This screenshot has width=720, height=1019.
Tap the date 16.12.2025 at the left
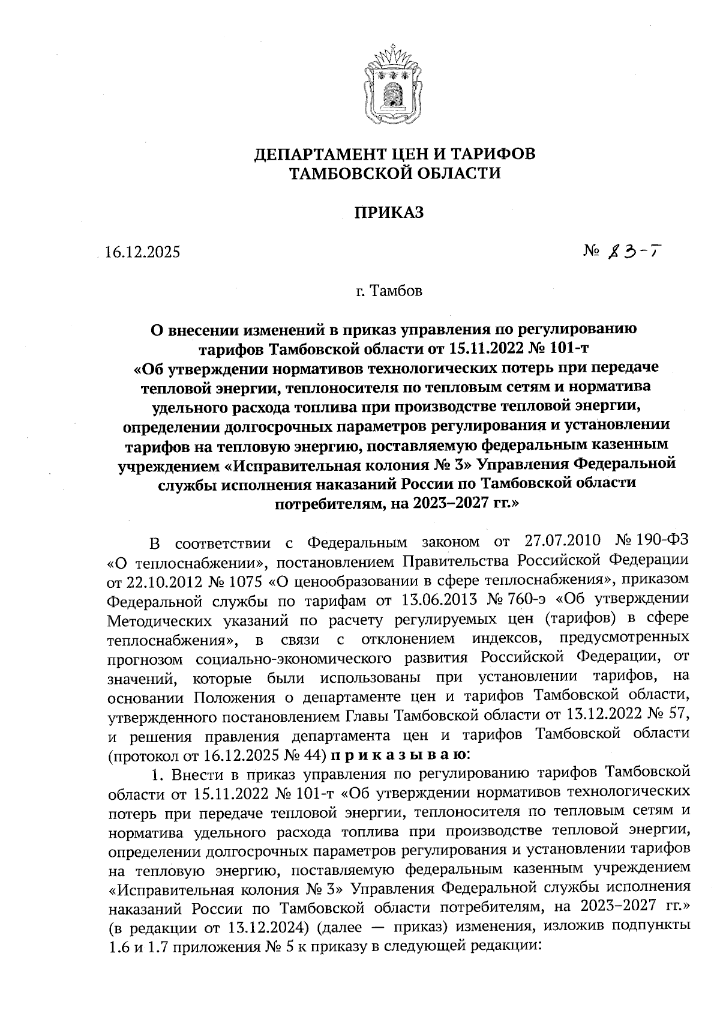(x=142, y=252)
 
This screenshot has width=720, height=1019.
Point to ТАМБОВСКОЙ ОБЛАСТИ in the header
(x=394, y=174)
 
